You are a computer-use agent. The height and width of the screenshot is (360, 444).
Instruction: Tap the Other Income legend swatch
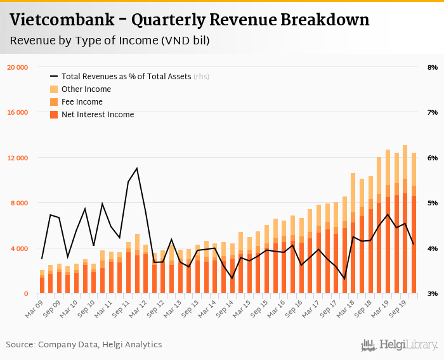(x=54, y=89)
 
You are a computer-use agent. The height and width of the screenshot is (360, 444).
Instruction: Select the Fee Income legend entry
(x=82, y=102)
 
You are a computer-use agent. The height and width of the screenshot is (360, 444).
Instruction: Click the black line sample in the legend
(x=54, y=77)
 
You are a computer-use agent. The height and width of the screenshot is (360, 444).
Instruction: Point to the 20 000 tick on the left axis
(x=17, y=67)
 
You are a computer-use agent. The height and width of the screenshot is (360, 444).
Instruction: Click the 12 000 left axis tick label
(x=17, y=158)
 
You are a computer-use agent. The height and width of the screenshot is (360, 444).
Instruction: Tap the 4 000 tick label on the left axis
(x=19, y=248)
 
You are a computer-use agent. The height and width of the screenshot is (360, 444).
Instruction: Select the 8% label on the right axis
(x=433, y=67)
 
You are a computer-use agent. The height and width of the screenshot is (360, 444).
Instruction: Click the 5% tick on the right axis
(x=433, y=203)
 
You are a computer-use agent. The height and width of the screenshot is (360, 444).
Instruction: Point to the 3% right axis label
(x=433, y=293)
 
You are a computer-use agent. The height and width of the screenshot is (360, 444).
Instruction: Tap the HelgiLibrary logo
(x=400, y=345)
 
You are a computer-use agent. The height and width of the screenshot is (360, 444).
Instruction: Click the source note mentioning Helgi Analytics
(x=84, y=345)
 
